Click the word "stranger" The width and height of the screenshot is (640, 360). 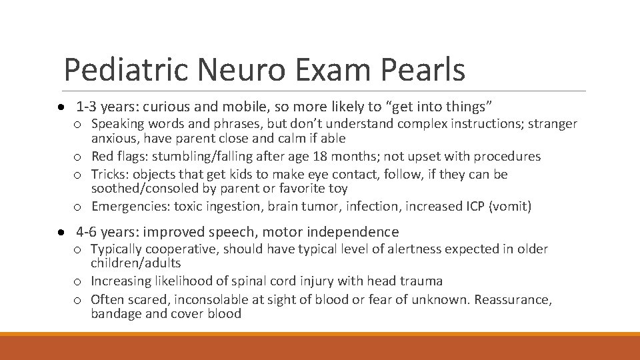pyautogui.click(x=553, y=123)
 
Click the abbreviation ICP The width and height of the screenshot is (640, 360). pyautogui.click(x=473, y=207)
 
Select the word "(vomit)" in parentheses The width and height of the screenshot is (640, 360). pyautogui.click(x=510, y=207)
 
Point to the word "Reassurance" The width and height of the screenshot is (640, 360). pyautogui.click(x=513, y=299)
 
